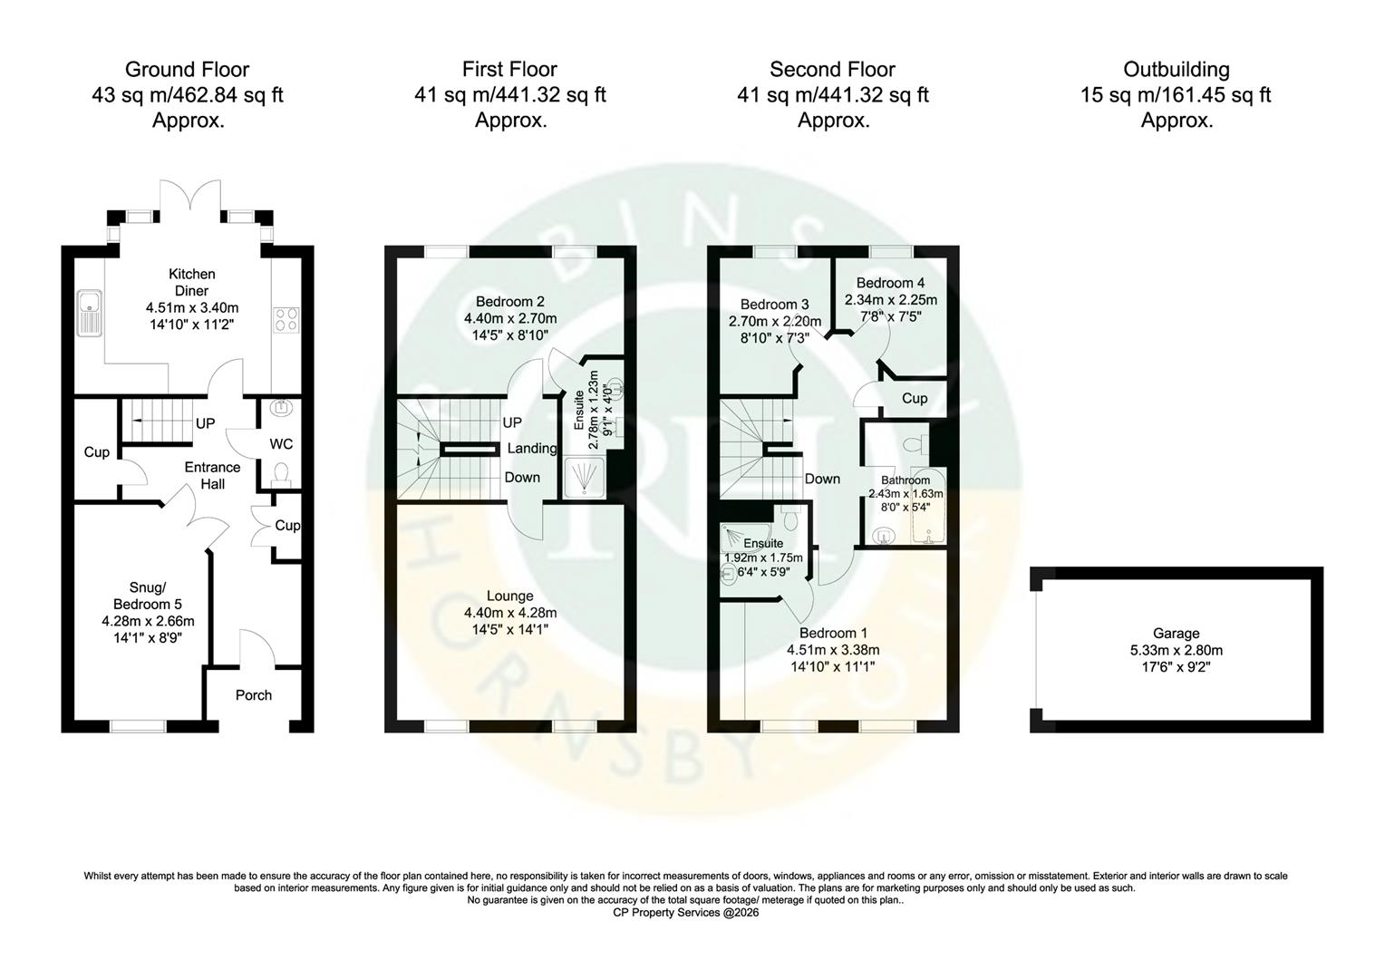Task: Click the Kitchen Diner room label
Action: (x=191, y=282)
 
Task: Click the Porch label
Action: (x=253, y=695)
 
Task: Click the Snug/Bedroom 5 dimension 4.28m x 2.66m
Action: (x=148, y=621)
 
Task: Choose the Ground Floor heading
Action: (x=187, y=70)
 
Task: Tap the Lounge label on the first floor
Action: (x=509, y=596)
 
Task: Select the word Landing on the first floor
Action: (x=532, y=448)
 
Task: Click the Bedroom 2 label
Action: (x=510, y=301)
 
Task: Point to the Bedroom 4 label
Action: (x=890, y=283)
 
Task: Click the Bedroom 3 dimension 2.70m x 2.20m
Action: (x=775, y=321)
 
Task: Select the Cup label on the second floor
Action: (x=915, y=398)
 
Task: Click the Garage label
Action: (x=1176, y=634)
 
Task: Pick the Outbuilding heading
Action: (x=1176, y=70)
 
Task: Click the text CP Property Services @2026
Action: (x=685, y=913)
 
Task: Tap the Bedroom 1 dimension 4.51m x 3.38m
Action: (x=833, y=650)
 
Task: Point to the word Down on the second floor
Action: (x=822, y=479)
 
